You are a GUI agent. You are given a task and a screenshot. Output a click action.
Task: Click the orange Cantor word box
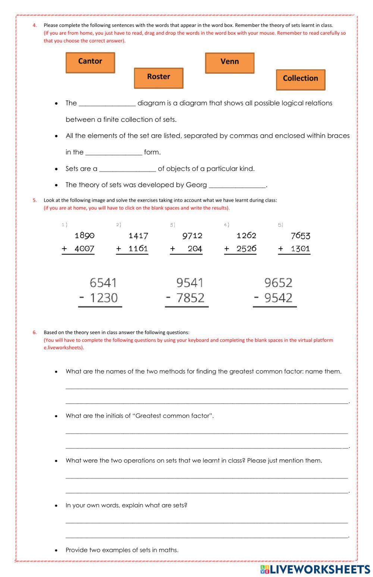tap(90, 63)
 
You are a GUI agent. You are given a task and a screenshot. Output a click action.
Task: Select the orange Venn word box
tap(230, 63)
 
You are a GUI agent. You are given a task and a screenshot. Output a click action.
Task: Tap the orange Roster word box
tap(159, 78)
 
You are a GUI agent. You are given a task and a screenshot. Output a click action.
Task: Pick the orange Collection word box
tap(301, 80)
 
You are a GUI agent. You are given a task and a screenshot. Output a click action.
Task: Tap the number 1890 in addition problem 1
tap(85, 236)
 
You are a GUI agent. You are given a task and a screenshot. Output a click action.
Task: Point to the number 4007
tap(84, 249)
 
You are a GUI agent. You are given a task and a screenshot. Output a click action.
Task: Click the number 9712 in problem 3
tap(192, 236)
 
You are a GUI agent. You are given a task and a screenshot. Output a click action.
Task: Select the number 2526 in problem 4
tap(246, 249)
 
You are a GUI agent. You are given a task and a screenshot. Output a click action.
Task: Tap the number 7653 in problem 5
tap(300, 236)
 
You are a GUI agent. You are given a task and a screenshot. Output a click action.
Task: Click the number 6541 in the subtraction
tap(103, 283)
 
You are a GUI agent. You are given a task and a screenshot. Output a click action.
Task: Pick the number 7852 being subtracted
tap(190, 298)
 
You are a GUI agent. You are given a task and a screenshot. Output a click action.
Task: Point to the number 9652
tap(278, 283)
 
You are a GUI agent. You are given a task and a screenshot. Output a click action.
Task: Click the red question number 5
tap(35, 200)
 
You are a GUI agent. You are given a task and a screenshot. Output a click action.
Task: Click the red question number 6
tap(35, 332)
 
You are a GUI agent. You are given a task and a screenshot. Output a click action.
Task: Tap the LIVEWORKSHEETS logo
tap(315, 569)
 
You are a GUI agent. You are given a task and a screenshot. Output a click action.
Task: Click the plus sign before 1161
tap(119, 249)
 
